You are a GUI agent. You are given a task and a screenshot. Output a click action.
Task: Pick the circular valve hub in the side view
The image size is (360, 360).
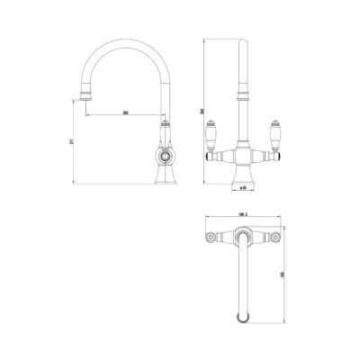[x=166, y=157]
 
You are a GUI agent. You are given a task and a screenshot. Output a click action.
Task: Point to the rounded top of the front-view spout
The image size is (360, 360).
[x=241, y=41]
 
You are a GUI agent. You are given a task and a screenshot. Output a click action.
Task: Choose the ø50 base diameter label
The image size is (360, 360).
[x=241, y=189]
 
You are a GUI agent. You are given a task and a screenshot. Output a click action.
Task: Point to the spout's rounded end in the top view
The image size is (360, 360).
[x=241, y=316]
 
